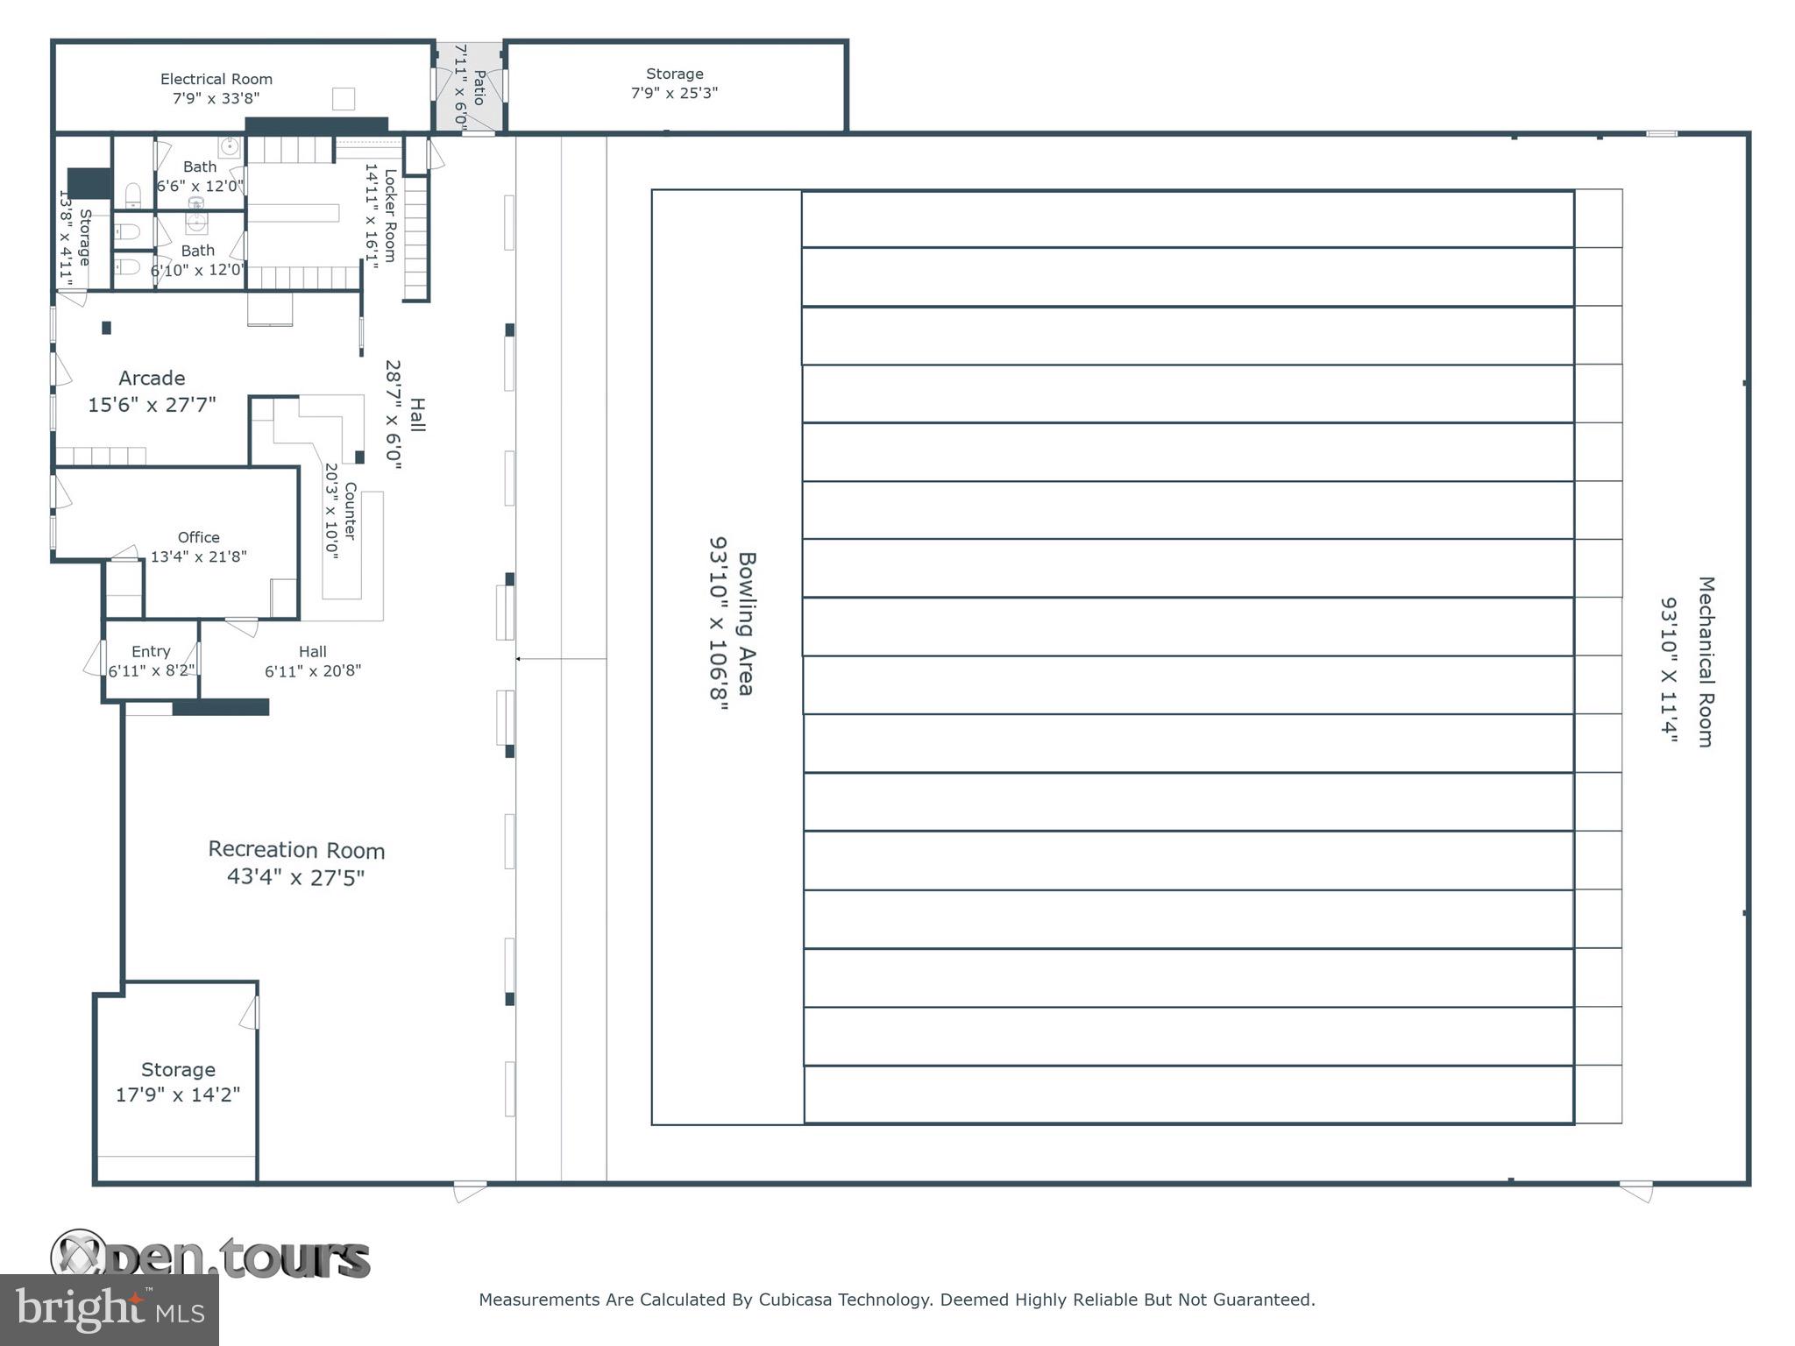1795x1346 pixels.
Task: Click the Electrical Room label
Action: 216,79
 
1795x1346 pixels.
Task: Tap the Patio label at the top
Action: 479,87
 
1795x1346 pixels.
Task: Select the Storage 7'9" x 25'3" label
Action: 674,83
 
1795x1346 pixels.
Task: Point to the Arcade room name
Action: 152,379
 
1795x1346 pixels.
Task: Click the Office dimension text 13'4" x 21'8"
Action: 199,556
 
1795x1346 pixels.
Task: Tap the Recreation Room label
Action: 296,850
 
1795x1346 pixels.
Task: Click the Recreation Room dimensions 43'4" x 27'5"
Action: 296,877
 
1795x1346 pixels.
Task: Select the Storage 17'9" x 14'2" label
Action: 178,1082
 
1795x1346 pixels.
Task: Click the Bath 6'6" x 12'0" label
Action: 200,176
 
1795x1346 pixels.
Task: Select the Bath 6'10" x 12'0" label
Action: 198,260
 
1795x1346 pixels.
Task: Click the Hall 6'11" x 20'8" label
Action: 313,662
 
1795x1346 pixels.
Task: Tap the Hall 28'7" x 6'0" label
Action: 405,415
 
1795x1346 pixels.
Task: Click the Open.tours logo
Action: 210,1256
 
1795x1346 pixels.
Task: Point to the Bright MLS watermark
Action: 110,1310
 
